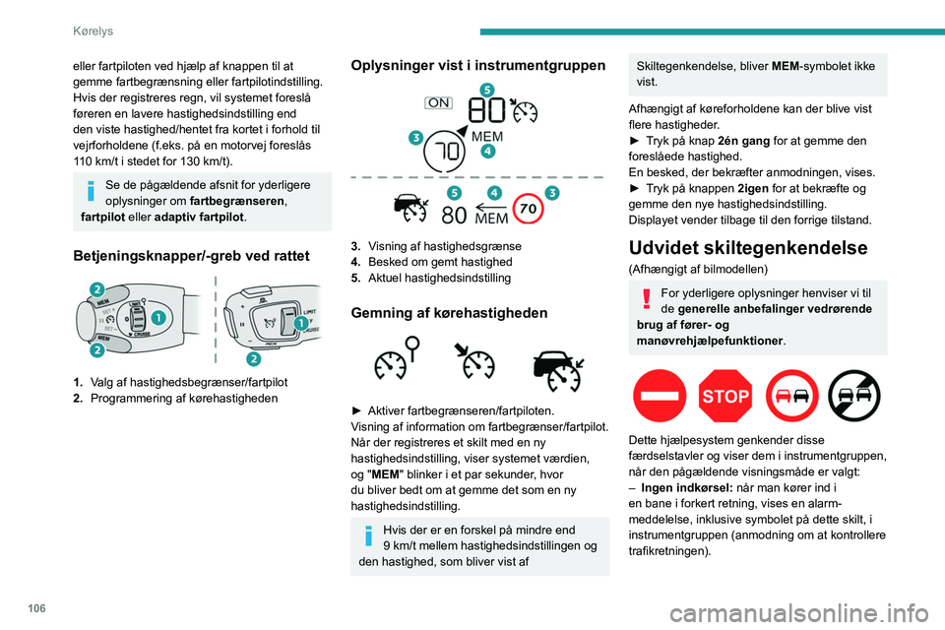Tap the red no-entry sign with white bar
[x=661, y=396]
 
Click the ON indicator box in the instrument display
[x=438, y=102]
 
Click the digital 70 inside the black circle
[x=449, y=154]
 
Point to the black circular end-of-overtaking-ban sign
[x=855, y=396]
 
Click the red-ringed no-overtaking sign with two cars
[x=790, y=396]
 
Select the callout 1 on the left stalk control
[x=157, y=318]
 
